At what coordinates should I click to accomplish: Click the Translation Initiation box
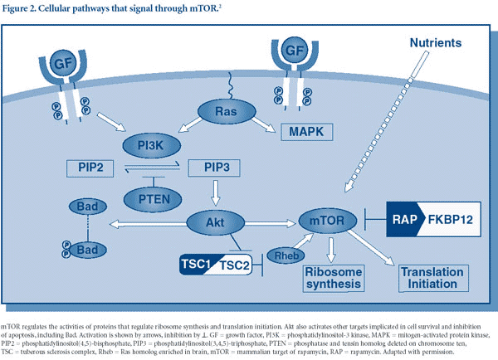[x=432, y=278]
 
